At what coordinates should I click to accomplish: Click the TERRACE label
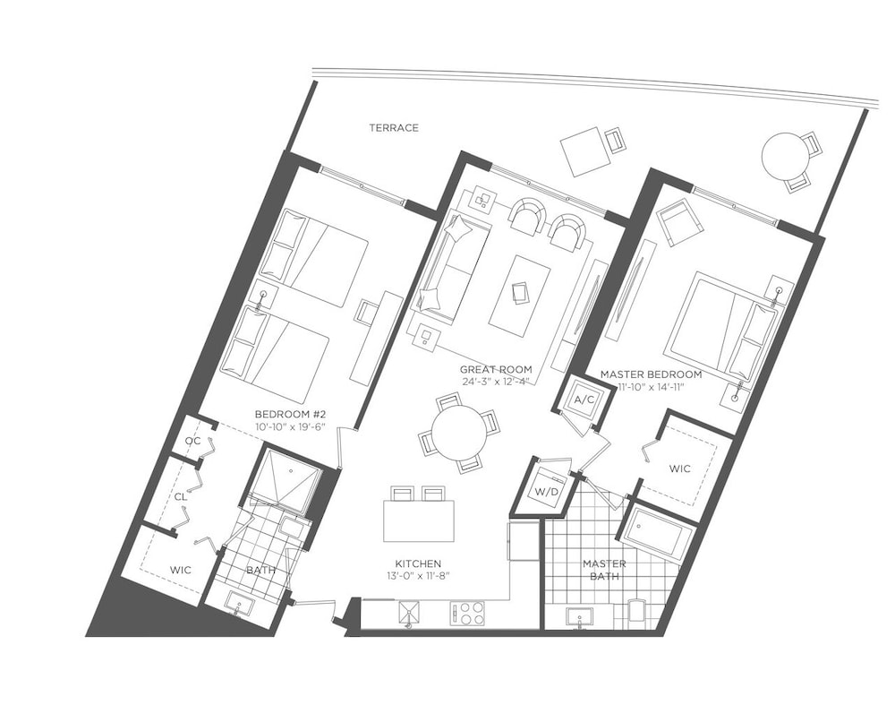click(393, 128)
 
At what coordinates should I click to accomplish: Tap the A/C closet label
click(584, 400)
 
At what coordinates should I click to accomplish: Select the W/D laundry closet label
click(545, 491)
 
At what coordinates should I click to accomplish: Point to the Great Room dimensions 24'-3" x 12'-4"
click(496, 382)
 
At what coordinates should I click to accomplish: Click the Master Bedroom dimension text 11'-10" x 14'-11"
click(651, 387)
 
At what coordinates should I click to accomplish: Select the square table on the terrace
click(586, 151)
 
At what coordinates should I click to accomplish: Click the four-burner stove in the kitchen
click(467, 613)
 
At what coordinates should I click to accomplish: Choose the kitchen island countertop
click(419, 521)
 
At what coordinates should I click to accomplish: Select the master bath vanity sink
click(579, 617)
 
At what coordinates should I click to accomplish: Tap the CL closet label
click(181, 497)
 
